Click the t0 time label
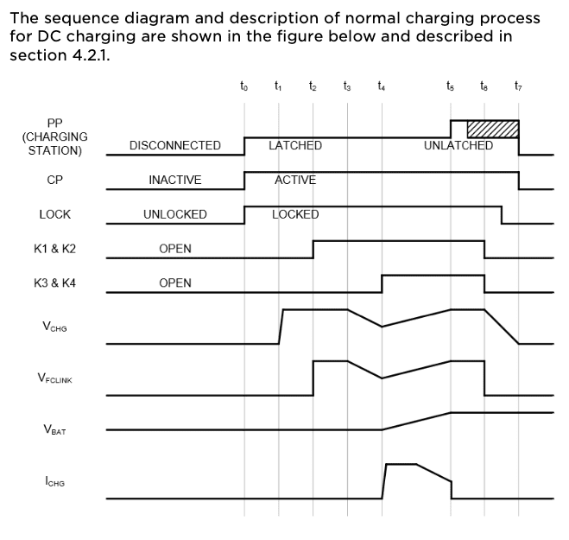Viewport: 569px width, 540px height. [x=243, y=86]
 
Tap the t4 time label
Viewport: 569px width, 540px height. [x=382, y=86]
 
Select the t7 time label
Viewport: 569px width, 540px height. [x=518, y=86]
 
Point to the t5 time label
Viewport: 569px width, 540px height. [x=450, y=86]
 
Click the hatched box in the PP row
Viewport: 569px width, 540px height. [x=492, y=128]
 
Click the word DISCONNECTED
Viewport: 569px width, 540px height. [x=175, y=145]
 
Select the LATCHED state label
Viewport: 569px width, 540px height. [x=295, y=145]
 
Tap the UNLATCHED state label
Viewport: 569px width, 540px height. [x=458, y=145]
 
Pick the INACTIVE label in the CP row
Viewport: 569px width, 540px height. [x=175, y=180]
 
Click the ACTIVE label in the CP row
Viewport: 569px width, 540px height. [x=295, y=180]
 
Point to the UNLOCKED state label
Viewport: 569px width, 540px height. [x=175, y=214]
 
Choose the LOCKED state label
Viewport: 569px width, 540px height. [x=295, y=214]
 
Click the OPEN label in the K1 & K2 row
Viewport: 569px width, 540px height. [x=175, y=249]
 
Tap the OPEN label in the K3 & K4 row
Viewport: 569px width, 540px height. [x=175, y=283]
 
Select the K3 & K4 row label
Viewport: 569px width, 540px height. [x=54, y=283]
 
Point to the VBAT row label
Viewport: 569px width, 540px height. [x=54, y=429]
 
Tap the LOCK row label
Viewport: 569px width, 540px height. [x=54, y=214]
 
